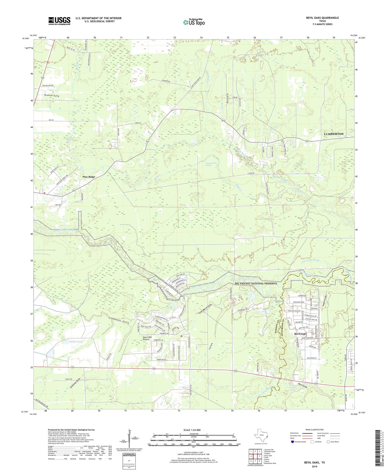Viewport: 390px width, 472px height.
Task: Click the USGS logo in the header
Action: pos(59,21)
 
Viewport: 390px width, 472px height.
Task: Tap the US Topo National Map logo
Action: pos(194,22)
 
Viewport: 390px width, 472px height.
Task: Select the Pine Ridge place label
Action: pos(89,177)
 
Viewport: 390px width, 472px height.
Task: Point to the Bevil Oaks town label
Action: pos(300,334)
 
